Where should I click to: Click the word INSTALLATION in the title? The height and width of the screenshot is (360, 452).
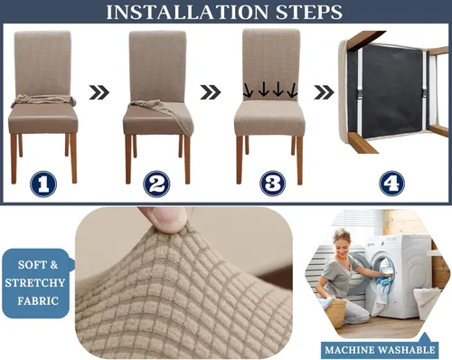click(x=187, y=12)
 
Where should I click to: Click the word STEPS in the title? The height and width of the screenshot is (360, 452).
click(x=309, y=12)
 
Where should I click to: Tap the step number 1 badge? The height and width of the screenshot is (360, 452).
click(x=43, y=184)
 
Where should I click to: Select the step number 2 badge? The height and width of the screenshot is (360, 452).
click(x=156, y=184)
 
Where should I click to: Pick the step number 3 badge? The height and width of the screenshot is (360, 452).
click(x=273, y=184)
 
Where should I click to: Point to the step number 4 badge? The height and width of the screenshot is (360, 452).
click(x=391, y=184)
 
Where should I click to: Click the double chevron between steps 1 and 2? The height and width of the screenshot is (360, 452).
click(x=99, y=92)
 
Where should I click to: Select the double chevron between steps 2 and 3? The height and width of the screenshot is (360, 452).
click(x=211, y=92)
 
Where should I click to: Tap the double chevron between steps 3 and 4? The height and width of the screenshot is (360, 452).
click(x=324, y=92)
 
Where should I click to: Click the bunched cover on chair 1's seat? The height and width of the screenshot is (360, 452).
click(x=43, y=100)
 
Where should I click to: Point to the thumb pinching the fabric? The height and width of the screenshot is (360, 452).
click(x=165, y=219)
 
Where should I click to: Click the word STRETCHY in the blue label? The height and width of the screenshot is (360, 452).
click(x=35, y=283)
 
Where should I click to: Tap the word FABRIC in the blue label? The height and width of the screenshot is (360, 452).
click(x=38, y=301)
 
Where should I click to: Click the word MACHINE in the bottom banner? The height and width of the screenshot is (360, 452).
click(x=350, y=350)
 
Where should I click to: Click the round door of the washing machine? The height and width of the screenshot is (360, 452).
click(x=382, y=271)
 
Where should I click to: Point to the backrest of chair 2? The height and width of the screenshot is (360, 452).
click(x=157, y=66)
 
